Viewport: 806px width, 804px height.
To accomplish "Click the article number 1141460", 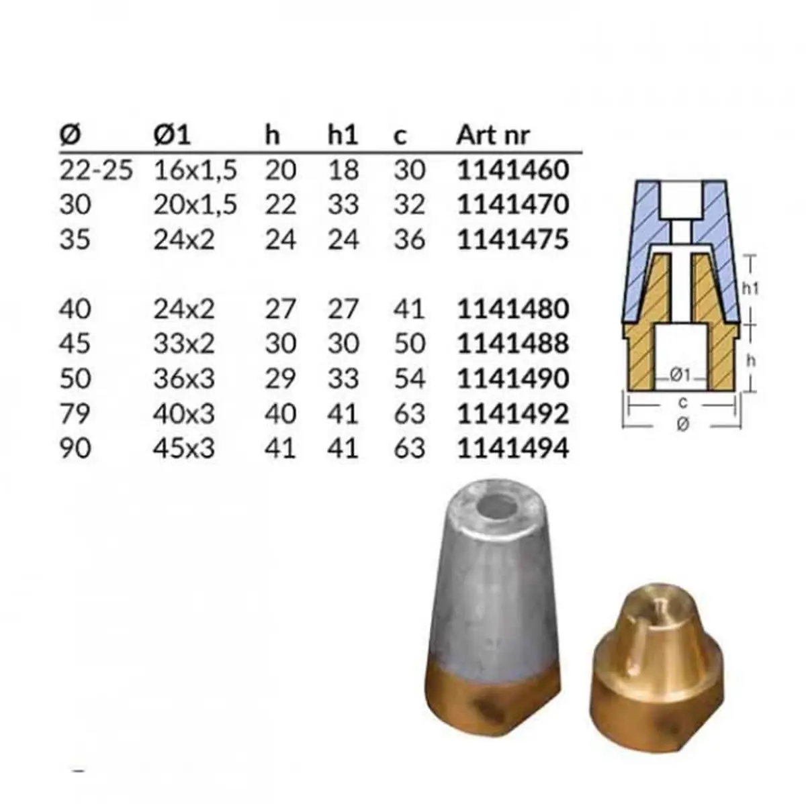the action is click(512, 170).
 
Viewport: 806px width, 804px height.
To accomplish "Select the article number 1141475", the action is click(512, 240).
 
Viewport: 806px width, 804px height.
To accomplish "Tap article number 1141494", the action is click(512, 448).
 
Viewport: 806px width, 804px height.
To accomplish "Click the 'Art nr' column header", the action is click(493, 135).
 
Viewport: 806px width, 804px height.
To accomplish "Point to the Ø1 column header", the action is click(172, 135).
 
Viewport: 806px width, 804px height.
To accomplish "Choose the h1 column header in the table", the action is click(343, 135).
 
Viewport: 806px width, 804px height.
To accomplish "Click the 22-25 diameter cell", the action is click(96, 170).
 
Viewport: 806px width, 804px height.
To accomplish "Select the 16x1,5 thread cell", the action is click(195, 171).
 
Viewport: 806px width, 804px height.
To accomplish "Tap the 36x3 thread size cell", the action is click(184, 379).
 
